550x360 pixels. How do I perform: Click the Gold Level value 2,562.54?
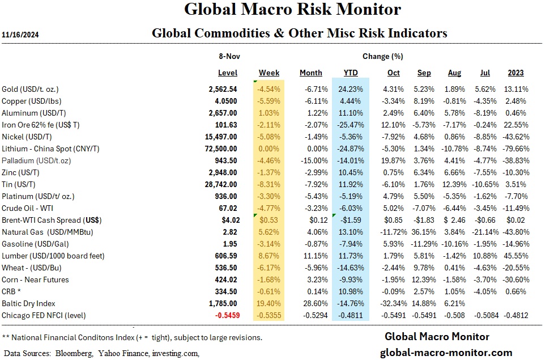tap(223, 89)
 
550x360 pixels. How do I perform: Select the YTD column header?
tap(351, 73)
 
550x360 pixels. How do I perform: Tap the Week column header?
tap(269, 73)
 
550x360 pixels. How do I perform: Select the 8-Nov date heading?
tap(228, 56)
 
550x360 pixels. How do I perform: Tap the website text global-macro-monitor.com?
tap(445, 352)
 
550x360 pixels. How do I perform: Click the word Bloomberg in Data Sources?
tap(75, 353)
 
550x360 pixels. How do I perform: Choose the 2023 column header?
tap(515, 73)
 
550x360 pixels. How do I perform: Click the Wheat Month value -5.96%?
tap(310, 268)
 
